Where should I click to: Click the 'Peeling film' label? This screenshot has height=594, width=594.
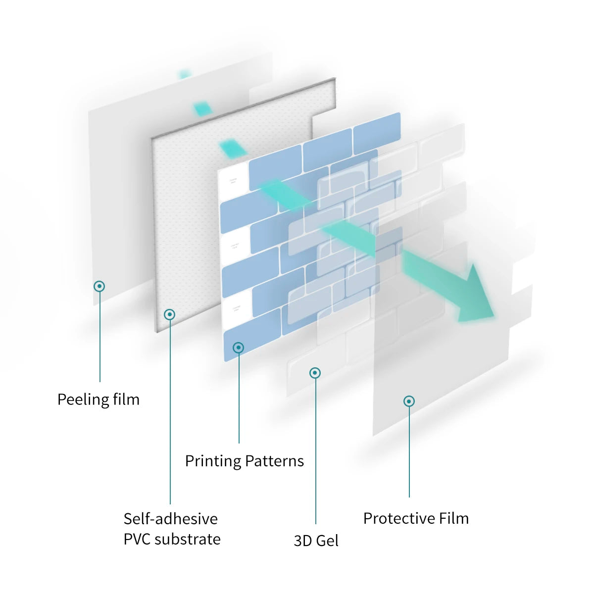[99, 399]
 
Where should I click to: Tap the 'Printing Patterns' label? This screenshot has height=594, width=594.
[244, 461]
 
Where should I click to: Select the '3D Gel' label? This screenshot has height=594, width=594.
[316, 540]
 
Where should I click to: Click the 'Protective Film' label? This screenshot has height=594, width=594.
[416, 518]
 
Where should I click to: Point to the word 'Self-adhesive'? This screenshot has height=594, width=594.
[171, 518]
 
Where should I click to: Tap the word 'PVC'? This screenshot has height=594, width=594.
[137, 539]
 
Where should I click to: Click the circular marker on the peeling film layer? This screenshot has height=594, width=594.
[99, 286]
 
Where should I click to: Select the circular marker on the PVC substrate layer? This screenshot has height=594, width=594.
[170, 314]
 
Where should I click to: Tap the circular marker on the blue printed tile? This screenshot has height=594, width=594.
[239, 347]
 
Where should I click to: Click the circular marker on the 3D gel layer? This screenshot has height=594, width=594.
[315, 373]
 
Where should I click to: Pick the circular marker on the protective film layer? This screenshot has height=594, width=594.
[409, 401]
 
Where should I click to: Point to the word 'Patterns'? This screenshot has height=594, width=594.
[275, 461]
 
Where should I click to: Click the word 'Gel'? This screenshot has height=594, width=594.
[327, 540]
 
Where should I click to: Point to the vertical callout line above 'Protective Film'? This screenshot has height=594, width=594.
[409, 450]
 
